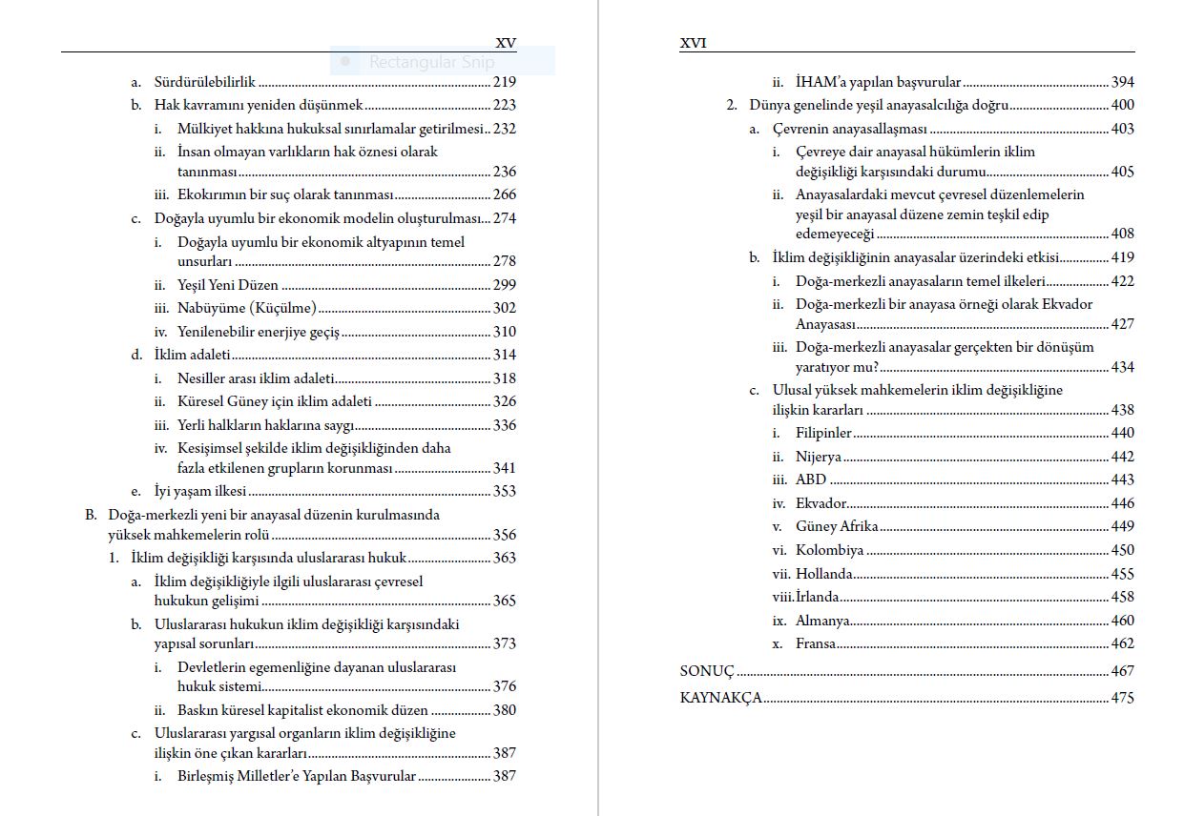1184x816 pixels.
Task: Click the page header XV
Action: (x=506, y=43)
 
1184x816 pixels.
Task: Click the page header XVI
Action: (x=694, y=43)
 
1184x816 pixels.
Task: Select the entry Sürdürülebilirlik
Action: (x=204, y=82)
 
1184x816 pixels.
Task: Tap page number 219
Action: (x=505, y=82)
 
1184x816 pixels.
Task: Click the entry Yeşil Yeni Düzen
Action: (x=228, y=285)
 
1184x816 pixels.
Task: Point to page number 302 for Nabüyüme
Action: (x=505, y=308)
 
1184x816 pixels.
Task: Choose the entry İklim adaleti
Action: (x=193, y=355)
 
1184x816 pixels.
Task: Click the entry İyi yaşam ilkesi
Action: (x=200, y=491)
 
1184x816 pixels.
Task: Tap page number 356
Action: (x=505, y=535)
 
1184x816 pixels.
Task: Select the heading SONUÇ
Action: (x=707, y=671)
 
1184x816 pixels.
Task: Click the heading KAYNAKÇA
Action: (x=721, y=698)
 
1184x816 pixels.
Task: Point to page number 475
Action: (x=1123, y=698)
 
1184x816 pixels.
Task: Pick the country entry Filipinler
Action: (x=823, y=433)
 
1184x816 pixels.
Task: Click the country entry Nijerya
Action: (x=819, y=457)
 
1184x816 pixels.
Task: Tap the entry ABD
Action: (x=811, y=479)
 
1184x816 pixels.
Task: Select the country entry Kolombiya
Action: (x=830, y=550)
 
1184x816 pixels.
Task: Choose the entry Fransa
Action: (x=816, y=643)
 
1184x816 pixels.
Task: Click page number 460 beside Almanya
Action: (x=1123, y=621)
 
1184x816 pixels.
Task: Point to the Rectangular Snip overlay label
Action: (x=431, y=62)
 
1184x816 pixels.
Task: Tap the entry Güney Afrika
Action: (x=837, y=526)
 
